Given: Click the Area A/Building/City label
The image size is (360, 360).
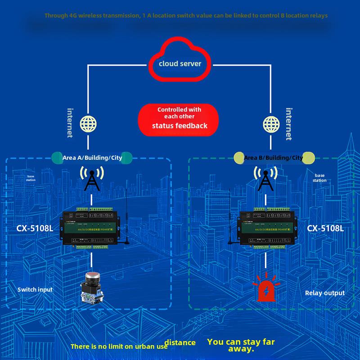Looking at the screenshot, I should (x=92, y=157).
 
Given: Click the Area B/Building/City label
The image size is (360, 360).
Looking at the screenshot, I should (x=274, y=157).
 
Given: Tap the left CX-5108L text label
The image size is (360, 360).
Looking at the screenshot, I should (x=35, y=228).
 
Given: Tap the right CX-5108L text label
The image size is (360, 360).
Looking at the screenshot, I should (x=325, y=228).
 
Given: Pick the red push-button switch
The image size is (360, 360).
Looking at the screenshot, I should (x=92, y=286).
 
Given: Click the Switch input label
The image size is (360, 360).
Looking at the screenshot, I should (x=35, y=289).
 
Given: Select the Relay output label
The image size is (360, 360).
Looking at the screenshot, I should (x=325, y=293).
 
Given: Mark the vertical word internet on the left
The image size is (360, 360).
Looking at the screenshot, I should (x=70, y=122).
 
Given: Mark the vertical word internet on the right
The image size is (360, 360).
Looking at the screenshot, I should (x=289, y=123).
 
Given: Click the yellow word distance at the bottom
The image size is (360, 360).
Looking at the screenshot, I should (x=180, y=343).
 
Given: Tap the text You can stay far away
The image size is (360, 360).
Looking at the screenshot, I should (x=241, y=345).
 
